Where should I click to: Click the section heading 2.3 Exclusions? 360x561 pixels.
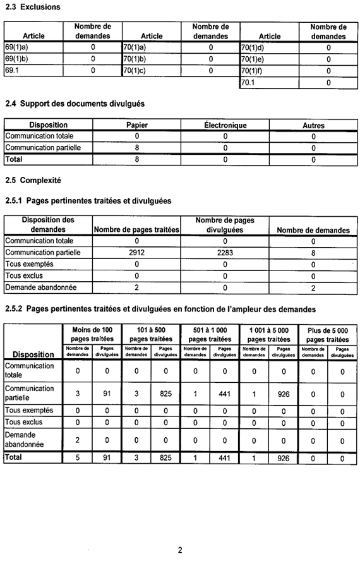(x=33, y=7)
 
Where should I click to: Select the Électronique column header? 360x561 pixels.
(x=225, y=125)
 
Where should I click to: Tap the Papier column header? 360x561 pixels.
(x=137, y=125)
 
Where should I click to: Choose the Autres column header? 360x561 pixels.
(x=313, y=125)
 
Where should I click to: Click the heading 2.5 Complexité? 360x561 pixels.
(x=33, y=180)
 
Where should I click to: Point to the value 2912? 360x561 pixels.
(x=137, y=252)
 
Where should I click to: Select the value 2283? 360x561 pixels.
(x=225, y=252)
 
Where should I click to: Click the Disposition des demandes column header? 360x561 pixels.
(x=48, y=225)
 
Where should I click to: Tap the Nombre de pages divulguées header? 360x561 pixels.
(x=225, y=225)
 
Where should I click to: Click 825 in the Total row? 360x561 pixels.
(x=165, y=459)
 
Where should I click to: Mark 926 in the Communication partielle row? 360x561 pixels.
(x=283, y=394)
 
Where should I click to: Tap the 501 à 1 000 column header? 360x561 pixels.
(x=210, y=335)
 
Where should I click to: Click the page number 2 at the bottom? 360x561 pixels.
(x=180, y=550)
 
